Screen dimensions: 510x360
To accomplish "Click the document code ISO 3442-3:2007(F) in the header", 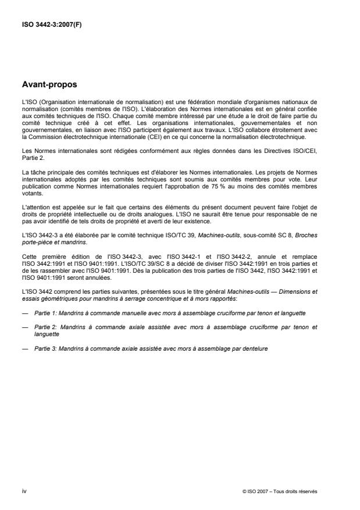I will point(51,26).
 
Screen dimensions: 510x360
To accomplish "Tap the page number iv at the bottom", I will point(24,491).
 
